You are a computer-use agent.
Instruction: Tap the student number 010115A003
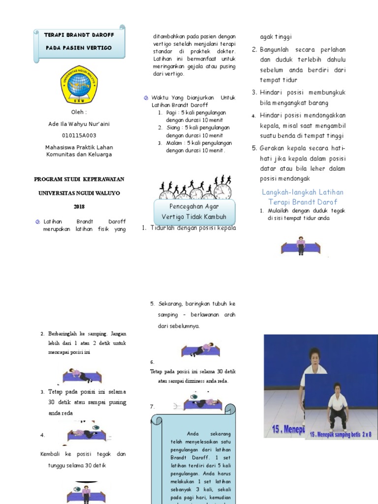79,135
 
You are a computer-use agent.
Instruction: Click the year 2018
79,207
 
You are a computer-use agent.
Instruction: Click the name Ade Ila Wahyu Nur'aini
79,124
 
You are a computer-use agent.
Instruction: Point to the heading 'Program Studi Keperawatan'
79,179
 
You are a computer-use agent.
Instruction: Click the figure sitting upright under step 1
301,245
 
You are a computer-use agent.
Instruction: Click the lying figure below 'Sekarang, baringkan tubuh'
201,349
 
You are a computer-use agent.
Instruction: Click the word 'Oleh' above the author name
79,112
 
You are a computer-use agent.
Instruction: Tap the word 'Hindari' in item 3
271,93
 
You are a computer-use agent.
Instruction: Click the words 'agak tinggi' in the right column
276,37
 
